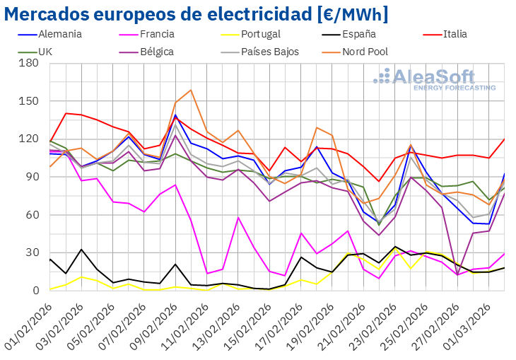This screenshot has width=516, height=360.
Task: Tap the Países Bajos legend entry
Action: coord(269,52)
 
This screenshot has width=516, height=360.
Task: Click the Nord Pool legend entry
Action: coord(363,52)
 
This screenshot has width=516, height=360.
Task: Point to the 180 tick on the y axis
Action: coord(29,63)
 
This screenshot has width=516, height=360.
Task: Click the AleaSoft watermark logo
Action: coord(434,79)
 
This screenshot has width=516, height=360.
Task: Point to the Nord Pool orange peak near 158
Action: coord(191,91)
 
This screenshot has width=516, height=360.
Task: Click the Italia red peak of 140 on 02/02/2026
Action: coord(66,113)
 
